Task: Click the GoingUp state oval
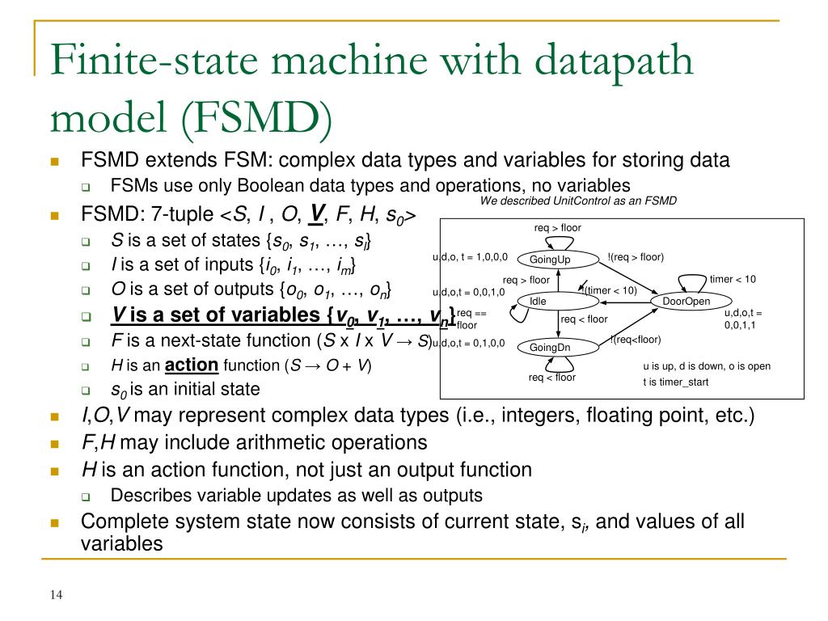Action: (550, 260)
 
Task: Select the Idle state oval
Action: (538, 301)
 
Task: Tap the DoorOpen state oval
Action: (686, 302)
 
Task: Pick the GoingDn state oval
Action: (550, 347)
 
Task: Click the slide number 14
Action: (56, 596)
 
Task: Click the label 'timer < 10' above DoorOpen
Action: (733, 279)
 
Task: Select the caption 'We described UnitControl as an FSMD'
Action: (578, 201)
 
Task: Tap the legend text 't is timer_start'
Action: (676, 382)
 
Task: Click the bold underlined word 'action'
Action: (192, 365)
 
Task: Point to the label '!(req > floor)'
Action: (636, 257)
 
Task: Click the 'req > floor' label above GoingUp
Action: (557, 228)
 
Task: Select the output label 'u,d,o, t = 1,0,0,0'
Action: (470, 257)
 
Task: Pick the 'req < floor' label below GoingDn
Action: (552, 377)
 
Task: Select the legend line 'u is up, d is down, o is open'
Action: (707, 366)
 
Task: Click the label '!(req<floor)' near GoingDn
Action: (636, 340)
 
